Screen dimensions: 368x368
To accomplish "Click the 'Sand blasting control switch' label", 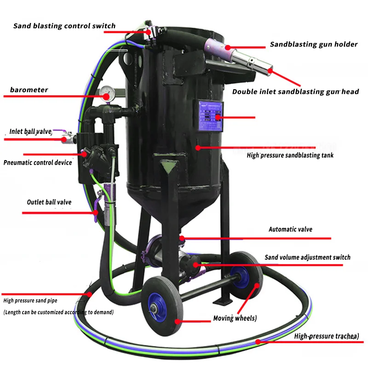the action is pos(64,26).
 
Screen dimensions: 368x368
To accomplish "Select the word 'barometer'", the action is pos(29,90).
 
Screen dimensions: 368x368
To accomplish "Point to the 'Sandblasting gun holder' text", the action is pos(314,45).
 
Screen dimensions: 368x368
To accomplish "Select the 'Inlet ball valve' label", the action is pos(30,132).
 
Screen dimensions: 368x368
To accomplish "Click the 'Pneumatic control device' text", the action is pos(38,162).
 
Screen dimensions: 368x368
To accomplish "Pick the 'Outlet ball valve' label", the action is pos(49,202).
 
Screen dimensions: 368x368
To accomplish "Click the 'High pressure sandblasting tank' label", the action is pos(290,155).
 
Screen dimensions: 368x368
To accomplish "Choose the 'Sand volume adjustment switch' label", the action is pos(307,257).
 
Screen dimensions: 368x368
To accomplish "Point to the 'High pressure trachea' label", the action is pos(327,336).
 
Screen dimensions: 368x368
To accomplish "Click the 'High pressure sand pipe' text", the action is pos(34,301).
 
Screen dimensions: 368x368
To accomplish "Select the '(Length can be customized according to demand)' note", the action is pos(58,312).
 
